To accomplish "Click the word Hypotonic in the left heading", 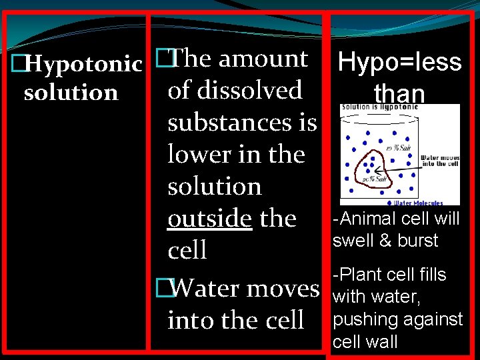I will [x=84, y=65].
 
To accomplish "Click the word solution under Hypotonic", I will [x=71, y=93].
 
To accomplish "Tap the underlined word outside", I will [x=210, y=218].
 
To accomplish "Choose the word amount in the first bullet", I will [x=263, y=59].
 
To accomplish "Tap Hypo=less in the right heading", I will [x=399, y=62].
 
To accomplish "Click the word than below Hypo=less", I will [x=399, y=93].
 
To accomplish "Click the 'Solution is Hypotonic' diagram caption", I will [x=380, y=107].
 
